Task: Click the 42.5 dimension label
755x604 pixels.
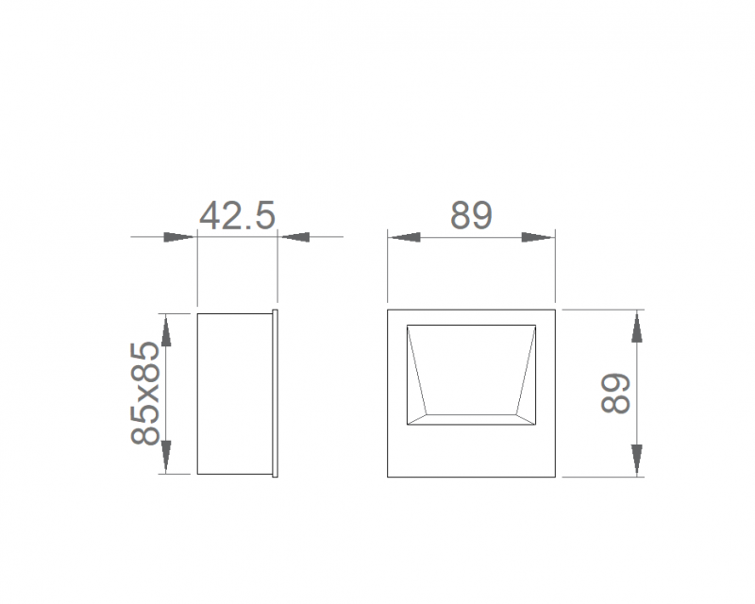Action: tap(238, 215)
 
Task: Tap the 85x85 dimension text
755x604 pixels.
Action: tap(144, 393)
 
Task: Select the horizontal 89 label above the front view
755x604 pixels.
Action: tap(471, 215)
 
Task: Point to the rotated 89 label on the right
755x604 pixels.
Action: tap(615, 393)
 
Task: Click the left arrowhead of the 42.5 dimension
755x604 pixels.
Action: tap(178, 237)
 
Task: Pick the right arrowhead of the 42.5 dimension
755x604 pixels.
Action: tap(295, 237)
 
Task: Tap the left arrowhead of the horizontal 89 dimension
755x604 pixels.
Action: tap(405, 237)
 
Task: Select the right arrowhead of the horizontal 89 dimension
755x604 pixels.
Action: tap(538, 237)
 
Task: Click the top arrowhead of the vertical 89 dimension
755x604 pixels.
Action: tap(636, 327)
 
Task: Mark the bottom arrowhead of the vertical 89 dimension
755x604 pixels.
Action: tap(636, 460)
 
